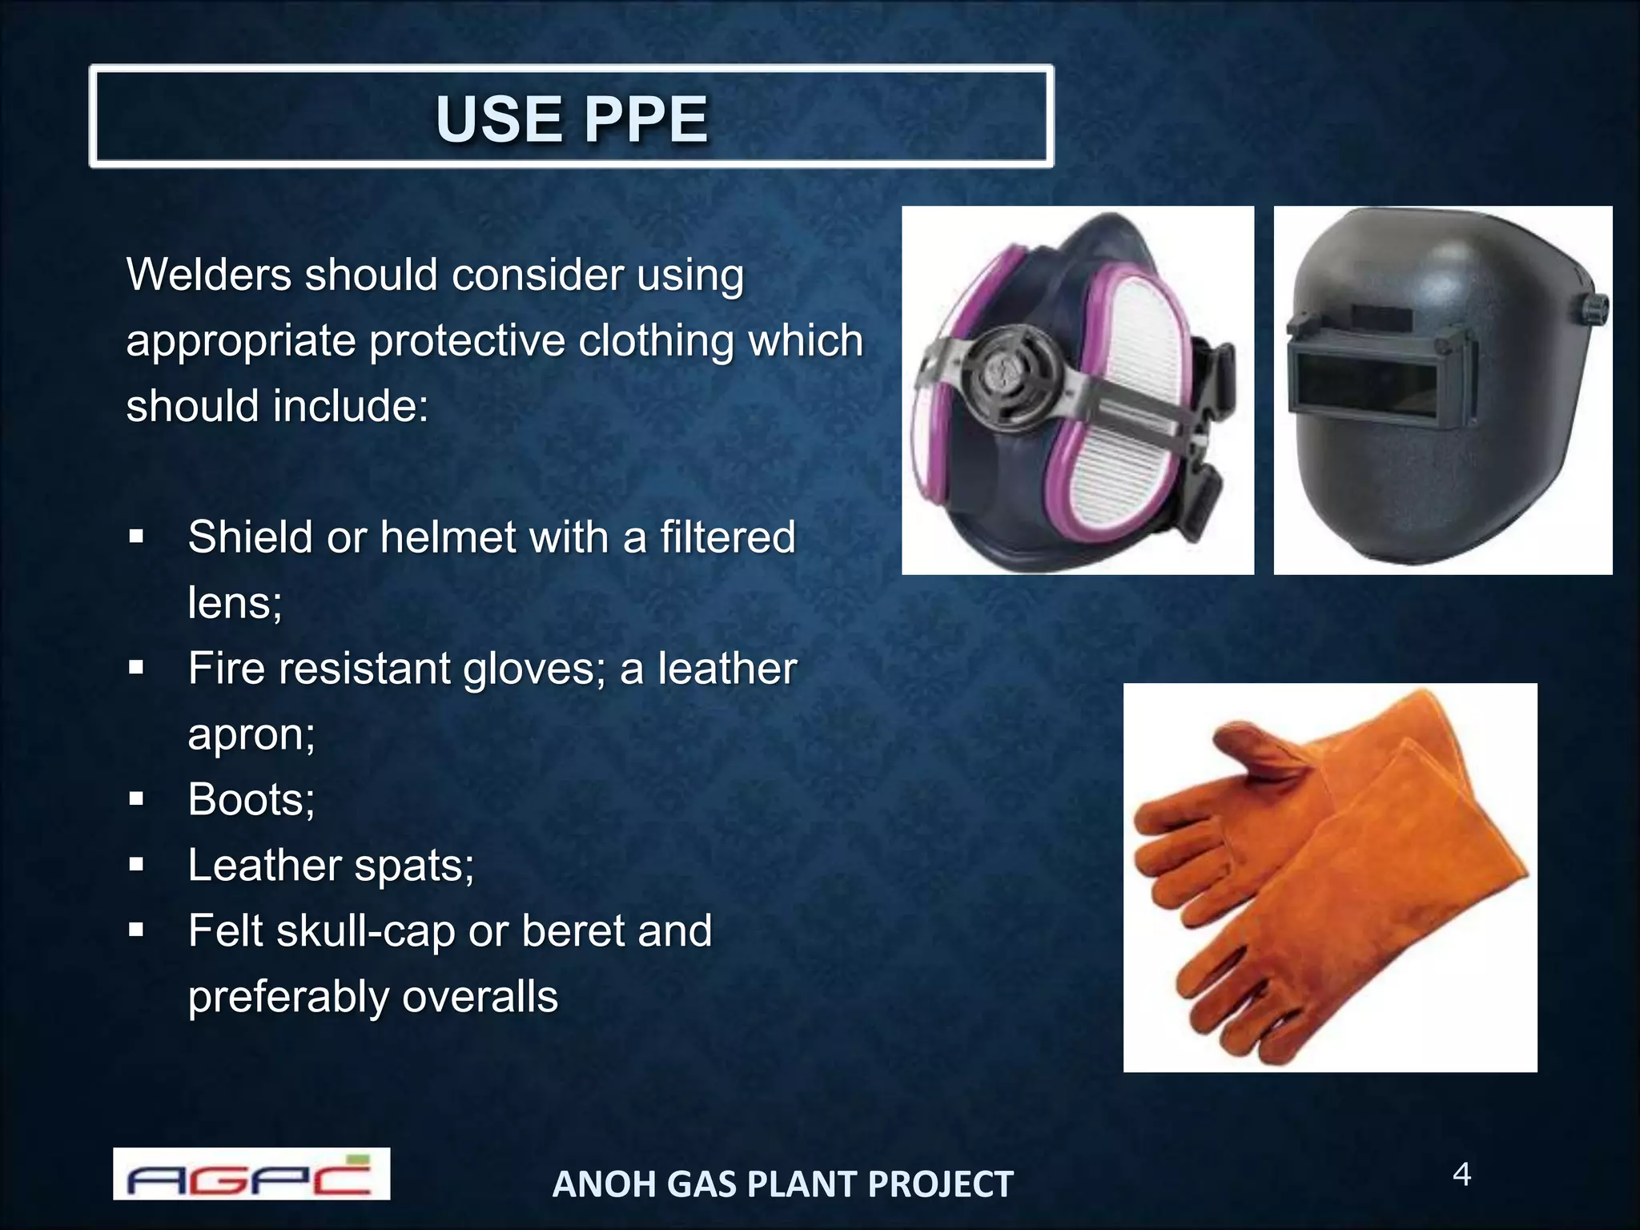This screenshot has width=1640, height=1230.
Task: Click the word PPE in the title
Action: click(x=646, y=119)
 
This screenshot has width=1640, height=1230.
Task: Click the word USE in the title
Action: click(x=498, y=119)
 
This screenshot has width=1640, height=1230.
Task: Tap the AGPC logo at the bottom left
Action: click(x=251, y=1174)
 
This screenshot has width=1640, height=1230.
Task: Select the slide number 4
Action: click(x=1461, y=1175)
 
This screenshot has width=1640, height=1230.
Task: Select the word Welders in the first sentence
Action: click(x=207, y=275)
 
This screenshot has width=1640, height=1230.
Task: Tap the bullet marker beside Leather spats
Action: click(x=136, y=865)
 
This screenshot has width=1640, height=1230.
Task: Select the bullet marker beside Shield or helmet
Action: click(x=136, y=537)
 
